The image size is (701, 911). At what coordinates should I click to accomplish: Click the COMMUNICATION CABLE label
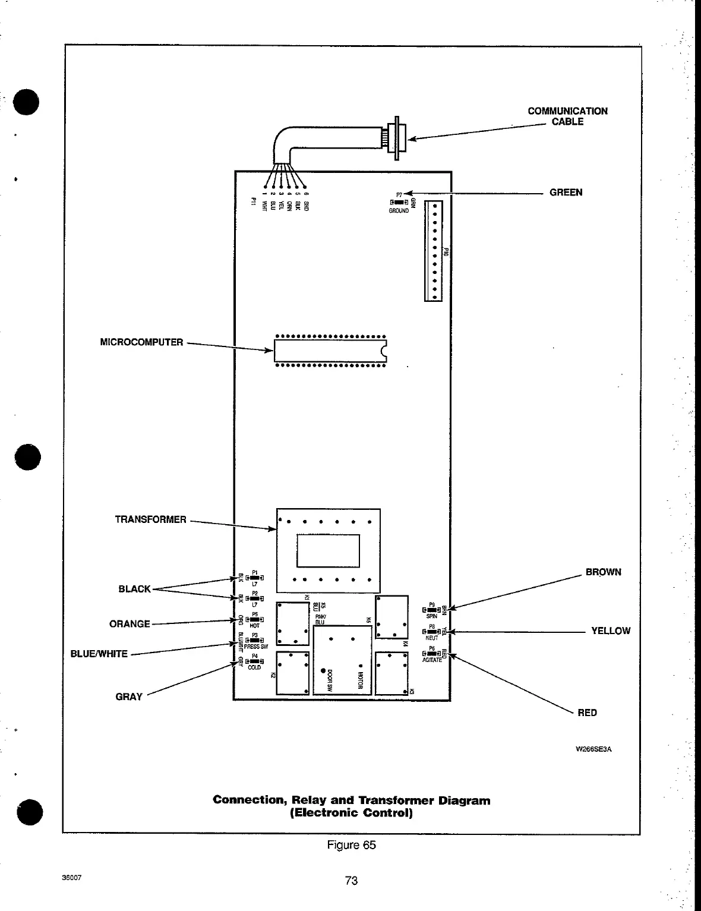point(567,116)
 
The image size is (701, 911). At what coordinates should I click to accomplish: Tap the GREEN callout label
point(566,193)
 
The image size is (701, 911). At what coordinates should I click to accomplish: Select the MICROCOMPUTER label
point(141,342)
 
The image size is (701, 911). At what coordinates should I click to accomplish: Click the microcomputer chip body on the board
point(330,351)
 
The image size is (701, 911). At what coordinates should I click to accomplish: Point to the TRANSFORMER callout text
point(150,519)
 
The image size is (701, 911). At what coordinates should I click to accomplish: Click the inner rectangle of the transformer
point(328,551)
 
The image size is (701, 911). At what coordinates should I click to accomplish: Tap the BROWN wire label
point(603,572)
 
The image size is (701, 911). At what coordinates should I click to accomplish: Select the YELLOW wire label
point(610,631)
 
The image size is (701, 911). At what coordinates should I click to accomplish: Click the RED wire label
point(587,713)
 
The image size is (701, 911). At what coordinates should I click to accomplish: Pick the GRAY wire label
point(129,697)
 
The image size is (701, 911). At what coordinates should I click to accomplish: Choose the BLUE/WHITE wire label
point(99,654)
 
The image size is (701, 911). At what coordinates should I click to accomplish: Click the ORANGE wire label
point(130,624)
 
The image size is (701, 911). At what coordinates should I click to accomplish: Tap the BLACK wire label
point(134,589)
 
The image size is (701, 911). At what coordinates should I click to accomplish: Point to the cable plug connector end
point(394,136)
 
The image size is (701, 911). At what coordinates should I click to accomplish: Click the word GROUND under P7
point(399,211)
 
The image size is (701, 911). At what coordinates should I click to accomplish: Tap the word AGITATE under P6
point(432,660)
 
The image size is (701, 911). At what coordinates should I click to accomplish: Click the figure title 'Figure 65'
point(351,845)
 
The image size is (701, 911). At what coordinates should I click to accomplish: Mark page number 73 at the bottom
point(351,881)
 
